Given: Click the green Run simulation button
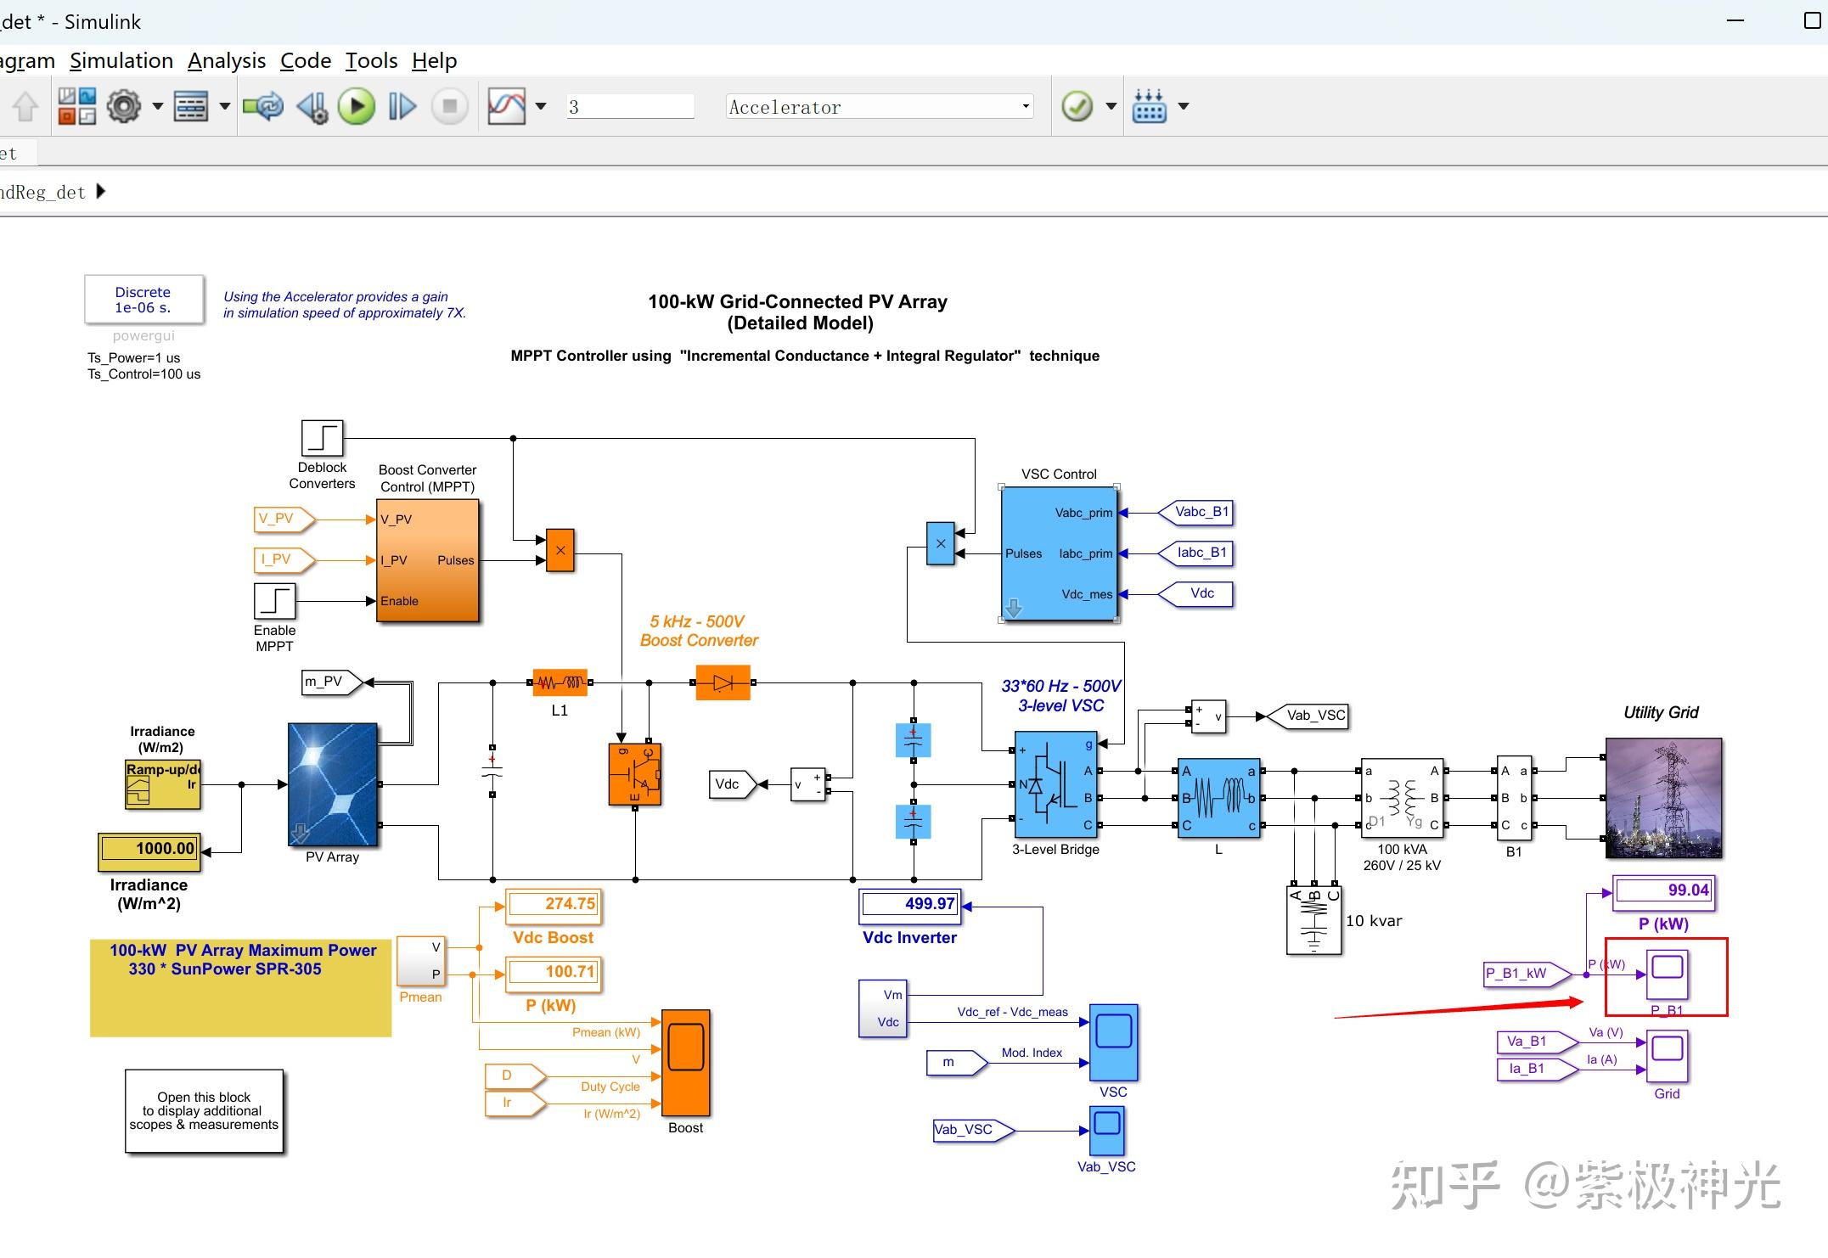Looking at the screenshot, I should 357,107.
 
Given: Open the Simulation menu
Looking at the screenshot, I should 121,61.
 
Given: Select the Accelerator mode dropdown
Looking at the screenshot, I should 879,107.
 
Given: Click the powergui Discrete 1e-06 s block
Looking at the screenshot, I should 143,300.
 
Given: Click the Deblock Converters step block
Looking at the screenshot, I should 322,438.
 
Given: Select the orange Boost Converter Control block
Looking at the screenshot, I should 428,560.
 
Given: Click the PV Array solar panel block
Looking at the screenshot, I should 333,784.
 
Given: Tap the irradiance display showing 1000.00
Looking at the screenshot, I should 149,849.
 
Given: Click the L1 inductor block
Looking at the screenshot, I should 560,682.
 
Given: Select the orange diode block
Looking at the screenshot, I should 723,682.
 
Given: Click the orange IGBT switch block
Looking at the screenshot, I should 634,774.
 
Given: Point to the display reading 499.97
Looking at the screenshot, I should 910,905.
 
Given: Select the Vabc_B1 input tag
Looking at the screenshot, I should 1201,512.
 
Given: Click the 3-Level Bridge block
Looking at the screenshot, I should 1055,785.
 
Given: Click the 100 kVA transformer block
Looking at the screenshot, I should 1402,798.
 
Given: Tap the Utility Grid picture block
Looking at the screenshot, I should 1663,798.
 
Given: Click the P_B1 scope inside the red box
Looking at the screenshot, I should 1667,974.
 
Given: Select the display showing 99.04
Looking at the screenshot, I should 1663,891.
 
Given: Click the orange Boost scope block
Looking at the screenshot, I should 685,1063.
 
